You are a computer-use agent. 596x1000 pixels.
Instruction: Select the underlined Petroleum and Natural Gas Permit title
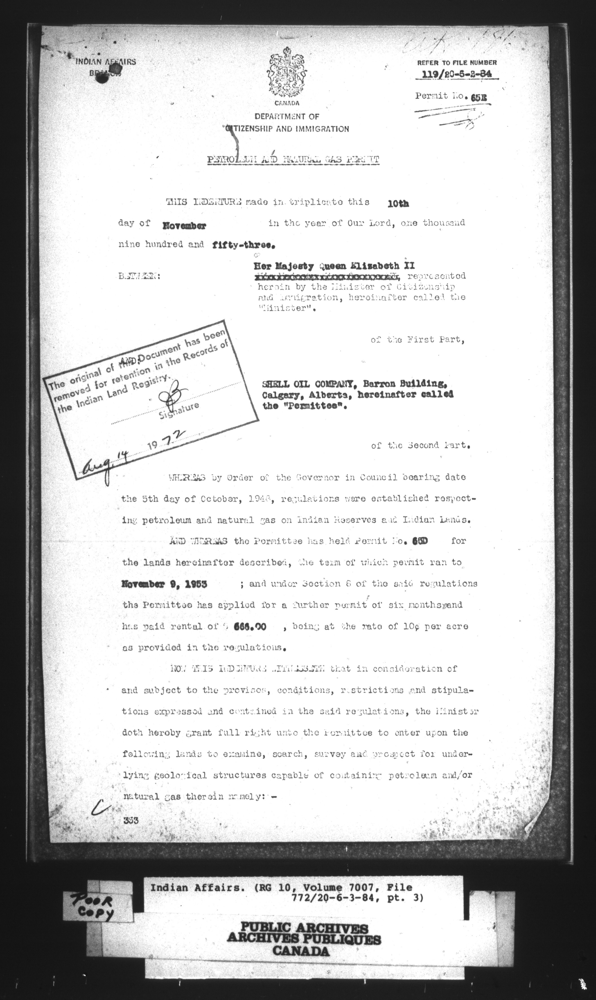[293, 160]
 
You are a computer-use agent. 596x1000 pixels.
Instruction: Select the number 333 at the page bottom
[132, 820]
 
